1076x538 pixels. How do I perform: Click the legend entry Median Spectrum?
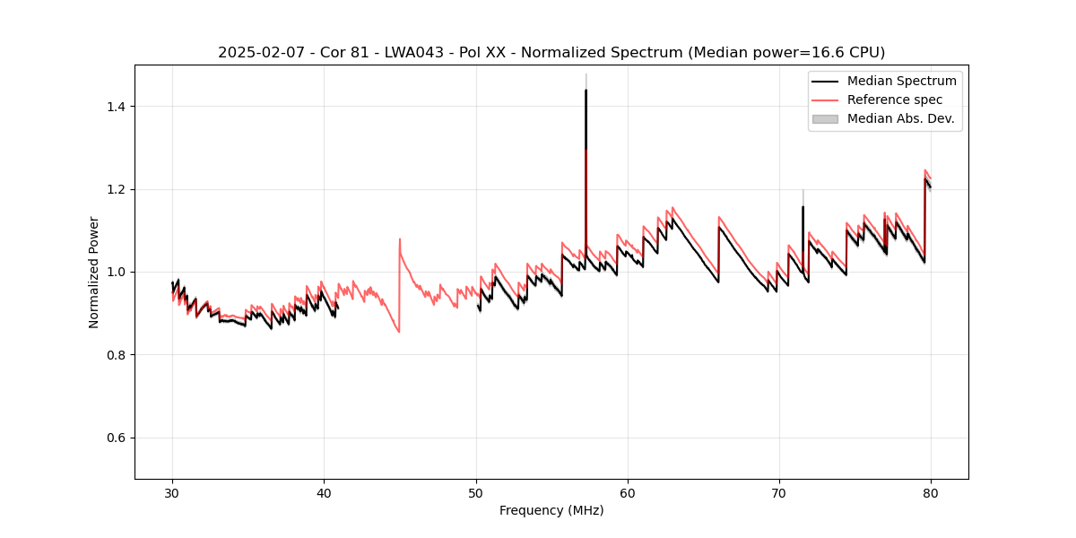click(901, 81)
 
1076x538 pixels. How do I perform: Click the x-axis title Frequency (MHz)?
click(551, 510)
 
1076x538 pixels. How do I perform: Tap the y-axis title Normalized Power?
click(94, 272)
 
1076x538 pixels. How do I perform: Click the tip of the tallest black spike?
click(586, 90)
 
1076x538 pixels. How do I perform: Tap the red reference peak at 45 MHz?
click(400, 239)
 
